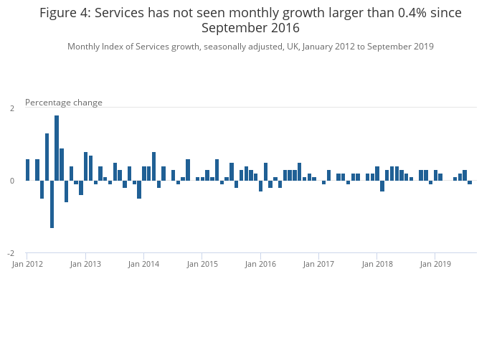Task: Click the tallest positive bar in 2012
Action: pos(57,148)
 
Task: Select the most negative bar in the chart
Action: pos(52,204)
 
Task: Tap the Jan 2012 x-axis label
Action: pos(27,265)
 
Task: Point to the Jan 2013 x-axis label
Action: pos(85,265)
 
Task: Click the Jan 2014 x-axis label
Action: pos(144,265)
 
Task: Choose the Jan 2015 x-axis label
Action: pos(202,265)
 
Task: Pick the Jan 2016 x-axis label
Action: pos(260,265)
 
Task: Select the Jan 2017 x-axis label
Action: pos(318,265)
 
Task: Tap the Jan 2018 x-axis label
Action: pos(377,265)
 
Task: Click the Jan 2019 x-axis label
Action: pos(435,265)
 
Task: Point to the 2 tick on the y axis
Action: pos(11,108)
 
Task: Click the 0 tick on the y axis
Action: pos(11,181)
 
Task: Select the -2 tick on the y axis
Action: pos(11,253)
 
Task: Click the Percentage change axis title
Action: pos(64,103)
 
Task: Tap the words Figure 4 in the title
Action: pos(65,13)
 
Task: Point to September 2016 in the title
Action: pos(250,28)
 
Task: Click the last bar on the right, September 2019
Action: pos(470,182)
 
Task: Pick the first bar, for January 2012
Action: pos(28,170)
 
